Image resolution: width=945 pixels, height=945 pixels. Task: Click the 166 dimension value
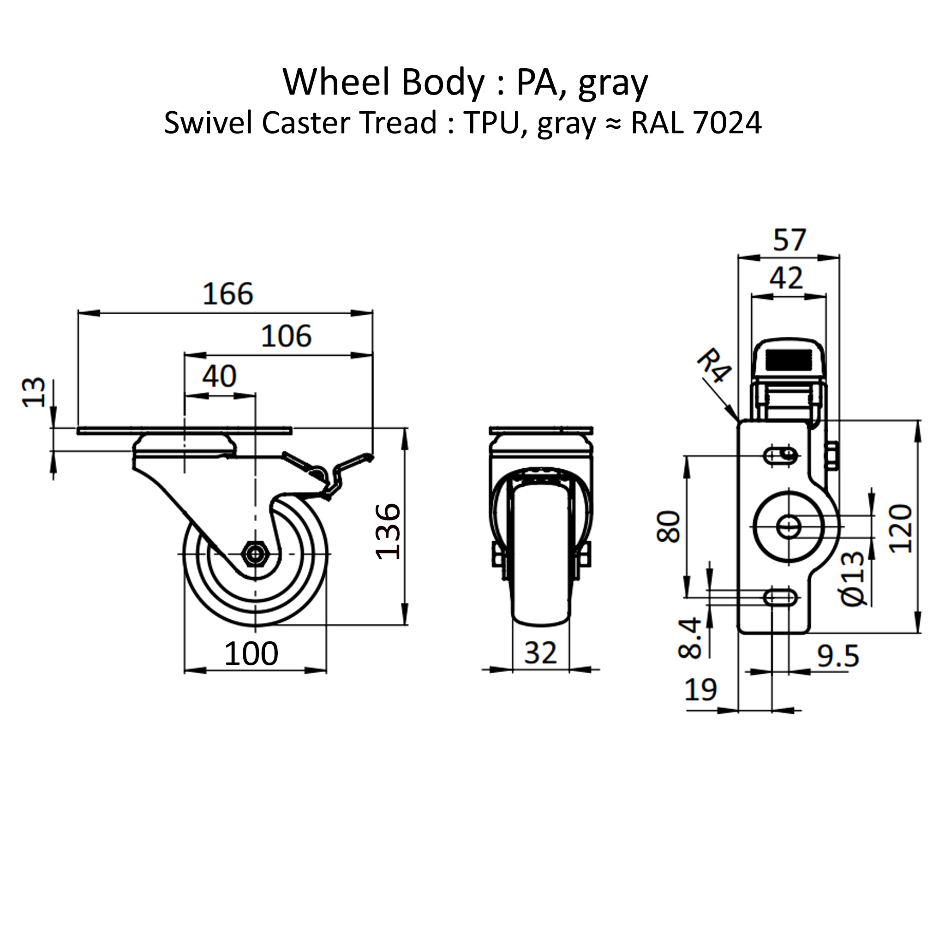(x=227, y=294)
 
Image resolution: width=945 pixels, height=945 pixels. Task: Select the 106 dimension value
(x=286, y=336)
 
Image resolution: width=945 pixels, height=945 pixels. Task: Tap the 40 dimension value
(x=219, y=377)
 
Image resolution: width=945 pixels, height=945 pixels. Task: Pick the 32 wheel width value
(x=540, y=652)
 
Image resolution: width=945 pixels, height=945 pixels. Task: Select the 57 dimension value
(x=789, y=240)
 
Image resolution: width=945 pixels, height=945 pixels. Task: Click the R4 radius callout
(x=714, y=365)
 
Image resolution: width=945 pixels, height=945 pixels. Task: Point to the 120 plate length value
(x=901, y=529)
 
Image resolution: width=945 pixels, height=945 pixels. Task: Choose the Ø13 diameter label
(x=853, y=579)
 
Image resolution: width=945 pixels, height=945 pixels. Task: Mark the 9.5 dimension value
(x=838, y=657)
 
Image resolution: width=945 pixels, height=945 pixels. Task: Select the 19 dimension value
(x=700, y=690)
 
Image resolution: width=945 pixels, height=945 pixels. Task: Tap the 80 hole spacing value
(x=669, y=526)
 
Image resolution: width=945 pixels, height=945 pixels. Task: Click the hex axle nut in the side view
(x=255, y=554)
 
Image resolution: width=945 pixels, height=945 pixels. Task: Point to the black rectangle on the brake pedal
(x=789, y=360)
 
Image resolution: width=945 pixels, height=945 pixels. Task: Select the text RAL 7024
(x=696, y=123)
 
